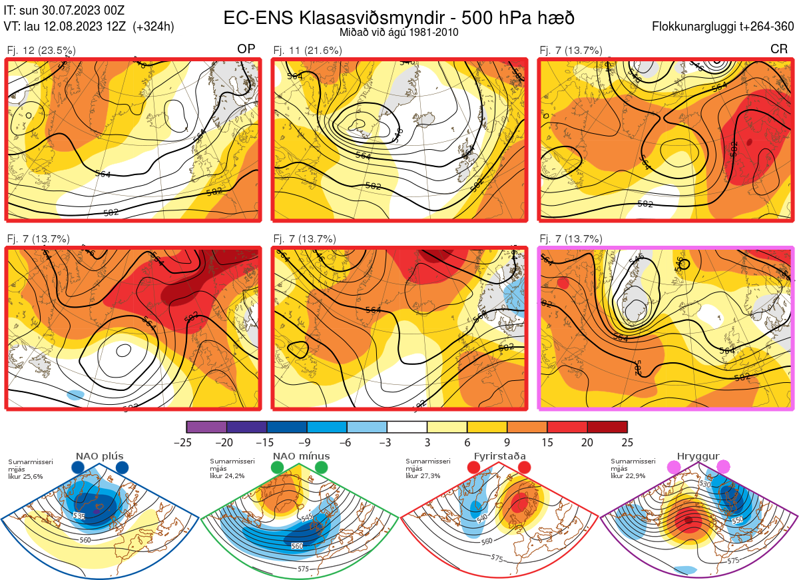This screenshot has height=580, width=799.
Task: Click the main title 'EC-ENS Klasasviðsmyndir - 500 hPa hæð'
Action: click(398, 17)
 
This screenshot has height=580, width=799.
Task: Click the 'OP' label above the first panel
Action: click(246, 49)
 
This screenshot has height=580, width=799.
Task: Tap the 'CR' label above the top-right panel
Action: click(778, 49)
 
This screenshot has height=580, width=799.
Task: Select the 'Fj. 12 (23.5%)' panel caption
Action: click(41, 50)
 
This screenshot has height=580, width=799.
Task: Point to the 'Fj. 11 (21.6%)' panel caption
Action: click(308, 50)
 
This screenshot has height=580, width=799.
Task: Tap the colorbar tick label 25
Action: click(627, 442)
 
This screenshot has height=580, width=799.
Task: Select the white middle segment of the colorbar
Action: click(407, 427)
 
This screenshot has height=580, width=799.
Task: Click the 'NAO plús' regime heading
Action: click(99, 456)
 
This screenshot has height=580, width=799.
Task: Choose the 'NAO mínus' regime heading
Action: click(301, 456)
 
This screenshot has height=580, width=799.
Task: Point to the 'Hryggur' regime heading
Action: click(698, 456)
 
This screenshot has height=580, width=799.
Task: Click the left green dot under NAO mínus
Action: click(278, 468)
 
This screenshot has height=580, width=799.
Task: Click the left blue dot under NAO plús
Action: click(78, 468)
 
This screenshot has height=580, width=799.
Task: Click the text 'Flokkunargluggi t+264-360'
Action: click(724, 27)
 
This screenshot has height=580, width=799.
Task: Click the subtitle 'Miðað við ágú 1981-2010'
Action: click(398, 32)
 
